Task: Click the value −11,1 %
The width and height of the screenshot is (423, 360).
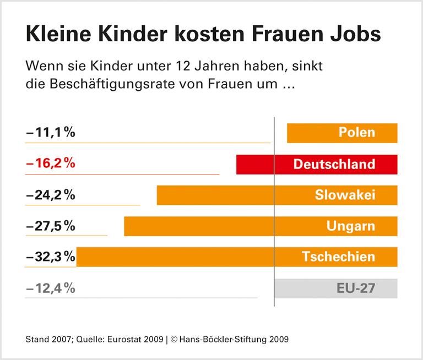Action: pyautogui.click(x=50, y=133)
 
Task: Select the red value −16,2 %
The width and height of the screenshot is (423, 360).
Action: pyautogui.click(x=50, y=163)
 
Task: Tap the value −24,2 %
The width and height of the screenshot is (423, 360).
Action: pyautogui.click(x=50, y=195)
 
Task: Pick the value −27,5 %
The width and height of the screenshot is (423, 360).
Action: pyautogui.click(x=50, y=226)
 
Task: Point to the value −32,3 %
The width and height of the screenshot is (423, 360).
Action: pyautogui.click(x=50, y=257)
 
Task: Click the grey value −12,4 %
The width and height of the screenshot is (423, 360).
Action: pyautogui.click(x=50, y=287)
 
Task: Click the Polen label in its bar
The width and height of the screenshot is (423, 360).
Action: pyautogui.click(x=357, y=133)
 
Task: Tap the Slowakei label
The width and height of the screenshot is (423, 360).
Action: pyautogui.click(x=345, y=195)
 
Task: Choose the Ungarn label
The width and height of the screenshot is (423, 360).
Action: pyautogui.click(x=351, y=226)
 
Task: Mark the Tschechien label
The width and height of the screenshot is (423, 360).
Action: pyautogui.click(x=339, y=257)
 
